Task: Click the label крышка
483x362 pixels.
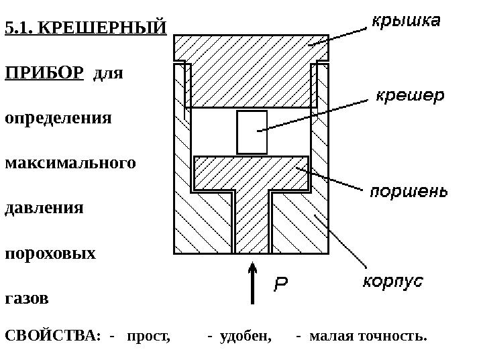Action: click(x=407, y=22)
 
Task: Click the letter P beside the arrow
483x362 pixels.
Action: click(x=282, y=285)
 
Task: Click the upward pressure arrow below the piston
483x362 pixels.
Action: click(x=252, y=282)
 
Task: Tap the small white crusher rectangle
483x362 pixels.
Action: click(x=252, y=132)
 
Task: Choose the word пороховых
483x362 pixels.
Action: click(x=50, y=253)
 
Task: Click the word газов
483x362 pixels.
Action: click(x=27, y=298)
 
